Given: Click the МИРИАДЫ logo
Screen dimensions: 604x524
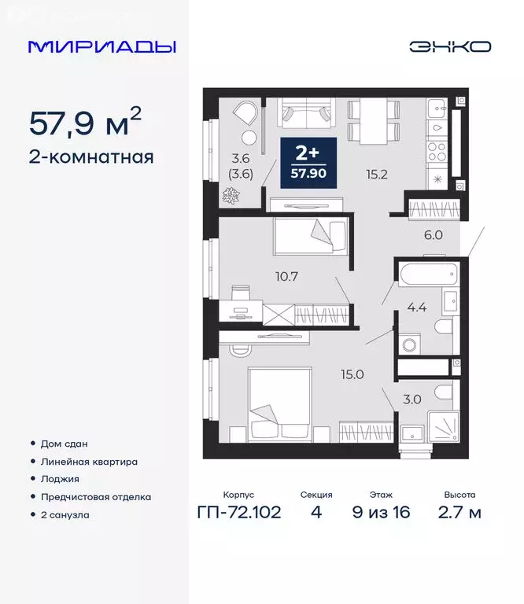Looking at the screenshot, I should tap(101, 46).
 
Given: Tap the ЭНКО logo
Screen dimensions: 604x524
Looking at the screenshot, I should tap(449, 46).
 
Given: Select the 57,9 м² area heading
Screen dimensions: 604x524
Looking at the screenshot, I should tap(86, 123).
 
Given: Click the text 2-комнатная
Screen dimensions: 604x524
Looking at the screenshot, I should tap(90, 157).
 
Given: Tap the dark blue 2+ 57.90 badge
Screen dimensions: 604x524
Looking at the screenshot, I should tap(308, 162).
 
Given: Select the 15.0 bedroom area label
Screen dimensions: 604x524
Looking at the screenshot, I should tap(352, 374).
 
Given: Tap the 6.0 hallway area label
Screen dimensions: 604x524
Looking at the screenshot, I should tap(434, 234).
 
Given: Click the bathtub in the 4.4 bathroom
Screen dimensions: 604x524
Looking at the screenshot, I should tap(428, 274).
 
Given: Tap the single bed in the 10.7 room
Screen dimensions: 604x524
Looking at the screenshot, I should tap(310, 236).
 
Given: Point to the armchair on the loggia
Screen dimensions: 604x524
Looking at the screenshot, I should tap(245, 116).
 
